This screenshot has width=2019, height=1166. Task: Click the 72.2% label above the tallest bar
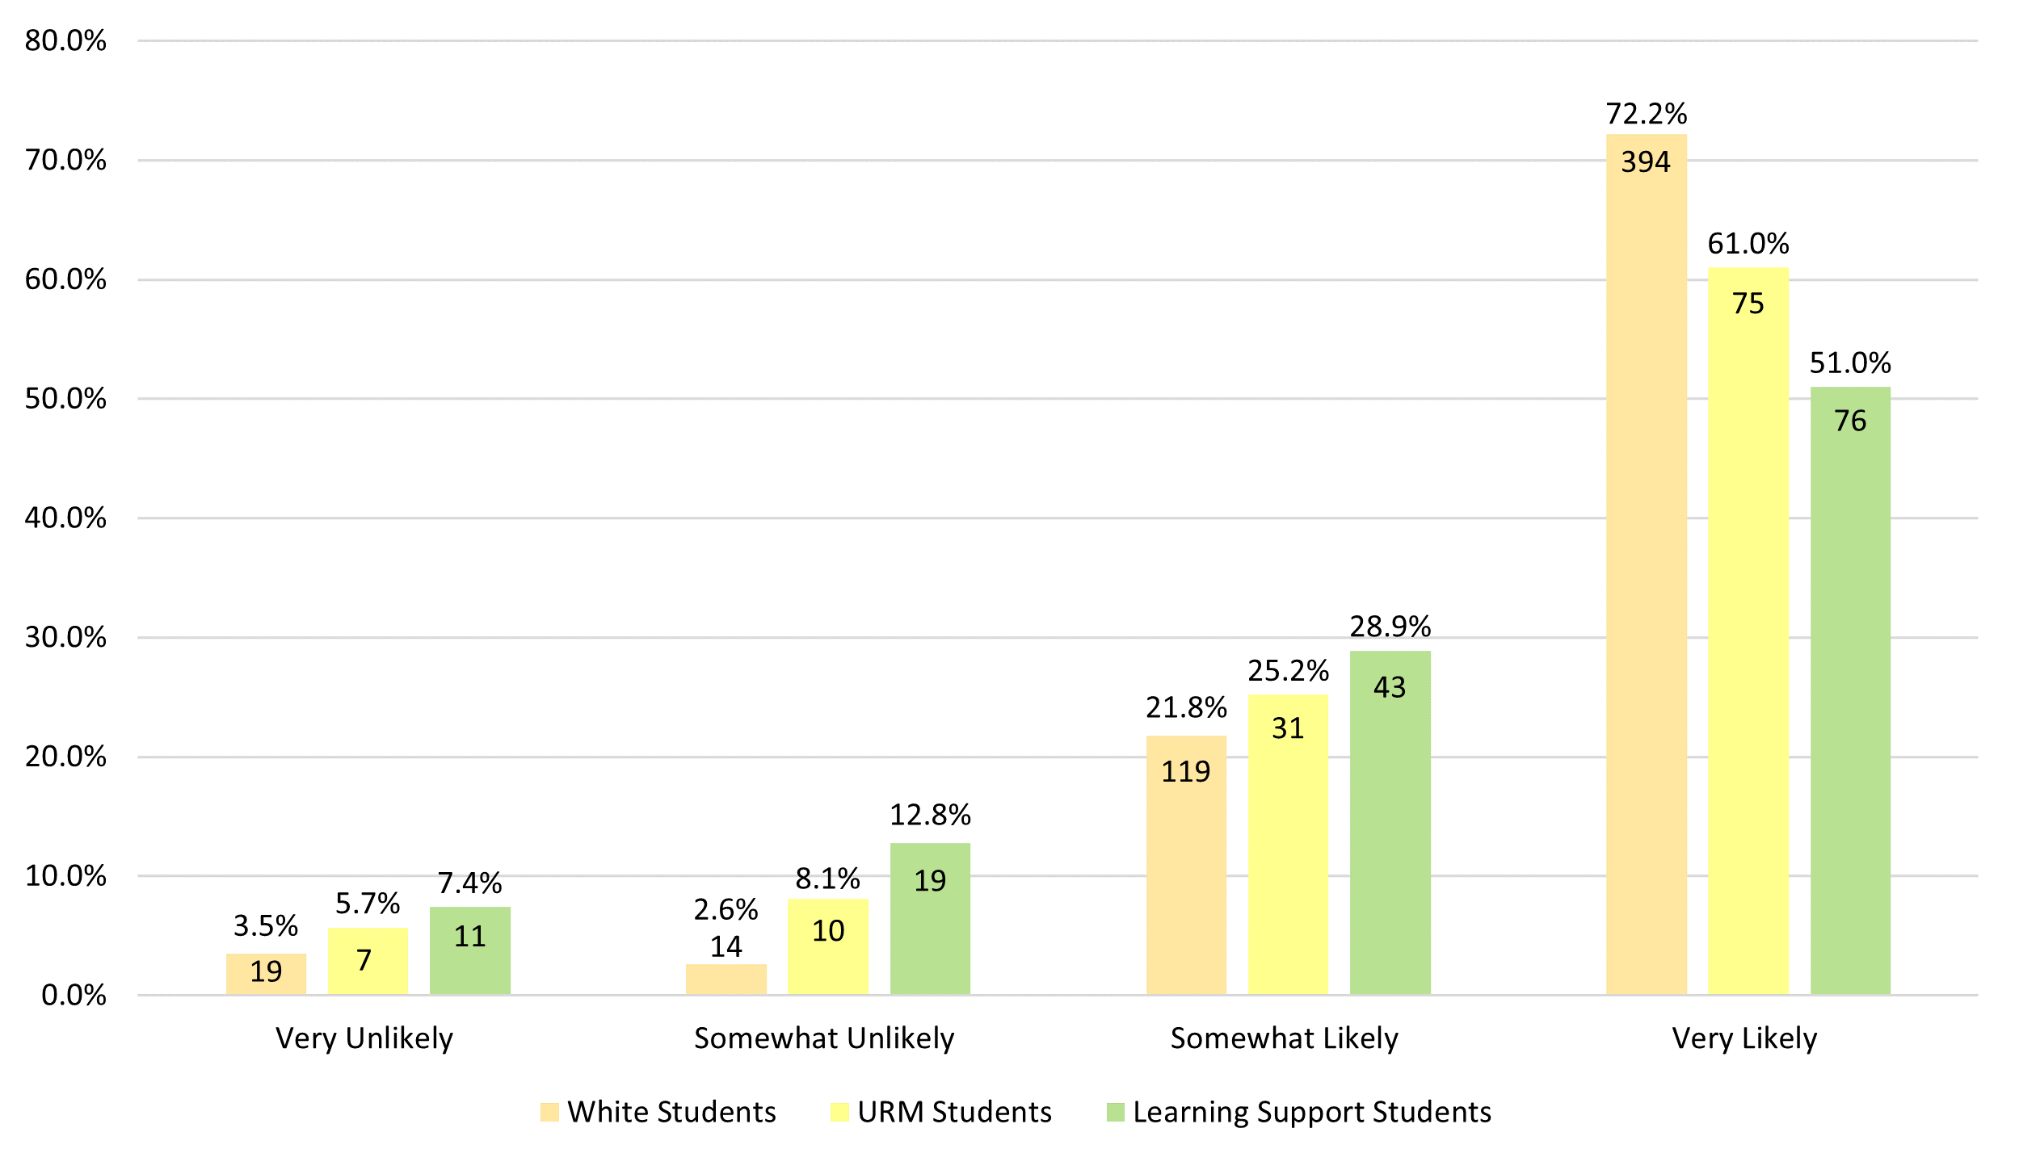(x=1646, y=114)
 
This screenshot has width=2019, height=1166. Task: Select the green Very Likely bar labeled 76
(x=1850, y=694)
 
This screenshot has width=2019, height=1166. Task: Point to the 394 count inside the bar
(x=1645, y=162)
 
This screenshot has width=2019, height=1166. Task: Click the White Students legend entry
(x=658, y=1112)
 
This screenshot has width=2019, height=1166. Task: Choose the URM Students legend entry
(x=941, y=1112)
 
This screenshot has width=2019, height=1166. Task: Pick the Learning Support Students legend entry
(x=1299, y=1112)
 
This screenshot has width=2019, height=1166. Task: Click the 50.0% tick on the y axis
(x=65, y=399)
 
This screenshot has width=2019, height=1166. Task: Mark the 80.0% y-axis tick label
(x=65, y=40)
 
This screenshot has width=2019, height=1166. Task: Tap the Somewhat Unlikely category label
(x=824, y=1038)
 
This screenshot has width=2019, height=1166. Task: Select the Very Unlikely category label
(x=364, y=1038)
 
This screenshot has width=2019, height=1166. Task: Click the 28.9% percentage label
(x=1390, y=627)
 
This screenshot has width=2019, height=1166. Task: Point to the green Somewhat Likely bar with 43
(x=1390, y=824)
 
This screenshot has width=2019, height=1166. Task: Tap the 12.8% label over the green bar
(x=930, y=816)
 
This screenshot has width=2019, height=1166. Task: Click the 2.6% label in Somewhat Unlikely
(x=726, y=910)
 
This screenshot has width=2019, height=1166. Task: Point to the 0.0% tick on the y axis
(x=74, y=996)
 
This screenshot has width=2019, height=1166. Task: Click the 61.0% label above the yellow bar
(x=1748, y=244)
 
